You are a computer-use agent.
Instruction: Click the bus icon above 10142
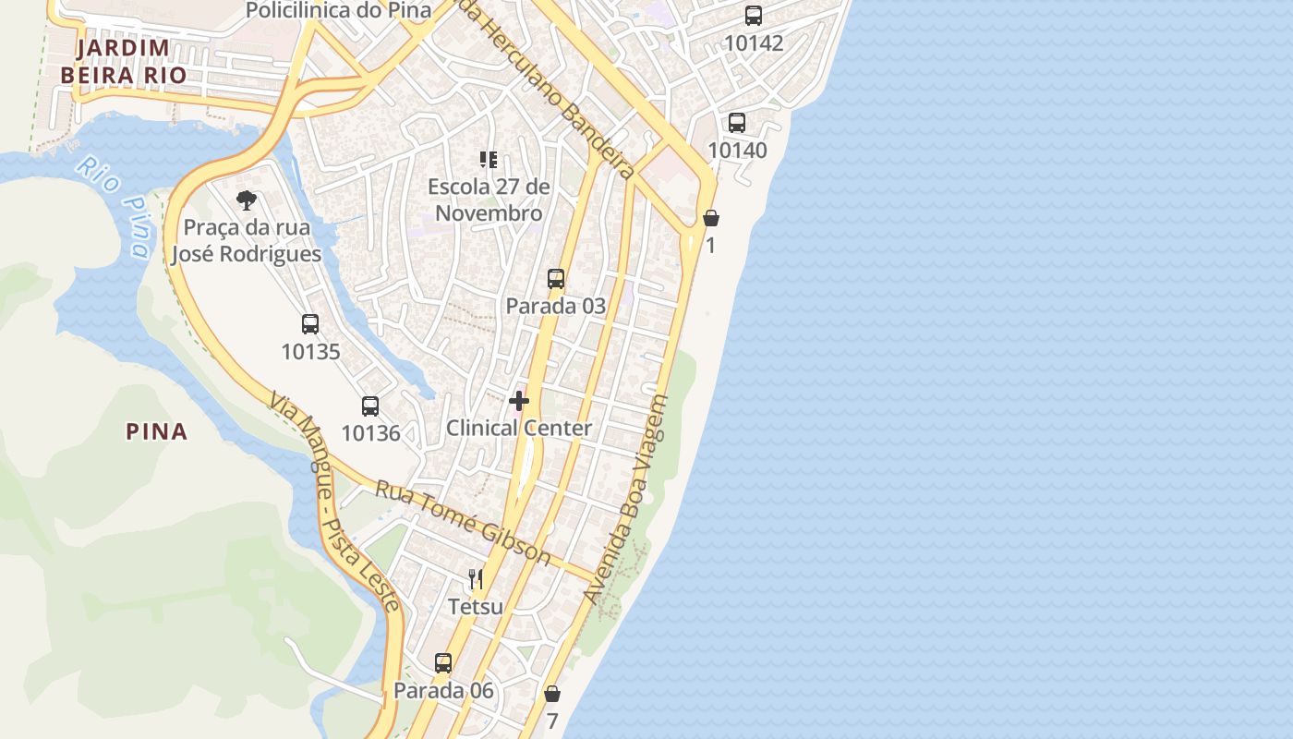pos(754,16)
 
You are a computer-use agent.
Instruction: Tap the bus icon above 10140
pos(737,123)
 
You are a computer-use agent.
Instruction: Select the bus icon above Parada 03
pos(556,279)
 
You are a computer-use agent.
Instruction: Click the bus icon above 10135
pos(310,324)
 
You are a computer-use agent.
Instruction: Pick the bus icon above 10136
pos(370,406)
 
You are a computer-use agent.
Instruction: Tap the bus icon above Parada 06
pos(443,663)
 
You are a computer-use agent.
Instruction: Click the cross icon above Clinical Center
pos(519,401)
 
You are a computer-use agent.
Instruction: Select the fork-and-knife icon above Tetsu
pos(476,580)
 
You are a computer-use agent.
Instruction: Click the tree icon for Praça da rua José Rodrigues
pos(246,200)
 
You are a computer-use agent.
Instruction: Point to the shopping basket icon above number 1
pos(711,218)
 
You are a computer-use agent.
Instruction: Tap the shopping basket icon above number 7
pos(552,694)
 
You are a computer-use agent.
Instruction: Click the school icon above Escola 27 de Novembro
pos(489,160)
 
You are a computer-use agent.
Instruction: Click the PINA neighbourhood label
pos(157,431)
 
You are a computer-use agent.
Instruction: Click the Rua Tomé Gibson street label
pos(462,523)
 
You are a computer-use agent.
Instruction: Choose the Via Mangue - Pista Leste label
pos(334,503)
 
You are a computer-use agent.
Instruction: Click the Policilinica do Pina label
pos(339,10)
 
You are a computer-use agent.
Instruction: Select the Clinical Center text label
pos(519,429)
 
